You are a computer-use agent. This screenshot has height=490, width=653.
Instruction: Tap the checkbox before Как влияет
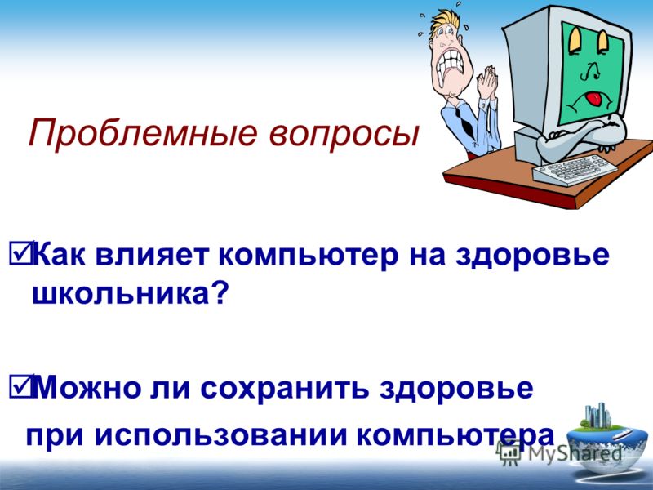(x=20, y=253)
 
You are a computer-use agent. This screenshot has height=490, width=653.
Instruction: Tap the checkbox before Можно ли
(x=20, y=386)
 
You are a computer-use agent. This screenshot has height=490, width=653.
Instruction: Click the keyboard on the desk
(x=575, y=169)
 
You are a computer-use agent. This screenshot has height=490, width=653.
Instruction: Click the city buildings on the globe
(x=597, y=416)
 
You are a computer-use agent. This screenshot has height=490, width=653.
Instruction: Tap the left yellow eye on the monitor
(x=575, y=39)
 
